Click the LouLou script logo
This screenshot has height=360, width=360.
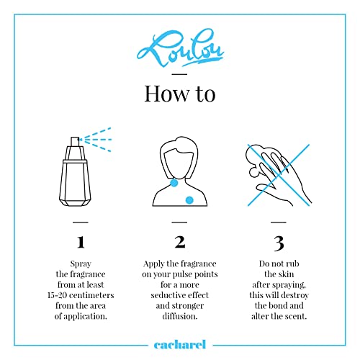(180, 49)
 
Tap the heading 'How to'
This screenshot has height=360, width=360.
(180, 94)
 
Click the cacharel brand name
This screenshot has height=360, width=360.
(180, 345)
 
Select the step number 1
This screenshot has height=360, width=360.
(81, 242)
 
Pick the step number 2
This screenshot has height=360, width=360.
(180, 242)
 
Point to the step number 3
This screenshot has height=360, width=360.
(279, 243)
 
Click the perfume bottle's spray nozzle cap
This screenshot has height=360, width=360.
(75, 142)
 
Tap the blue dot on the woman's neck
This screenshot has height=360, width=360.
(174, 183)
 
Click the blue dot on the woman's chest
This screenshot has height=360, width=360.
(189, 200)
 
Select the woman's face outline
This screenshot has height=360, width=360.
(179, 163)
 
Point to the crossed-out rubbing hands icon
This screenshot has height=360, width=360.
(279, 175)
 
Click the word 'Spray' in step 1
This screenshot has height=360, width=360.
(81, 264)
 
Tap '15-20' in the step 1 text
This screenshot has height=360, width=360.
(57, 295)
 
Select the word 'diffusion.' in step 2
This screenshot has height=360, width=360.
(180, 316)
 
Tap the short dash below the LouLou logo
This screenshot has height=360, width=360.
(179, 74)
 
